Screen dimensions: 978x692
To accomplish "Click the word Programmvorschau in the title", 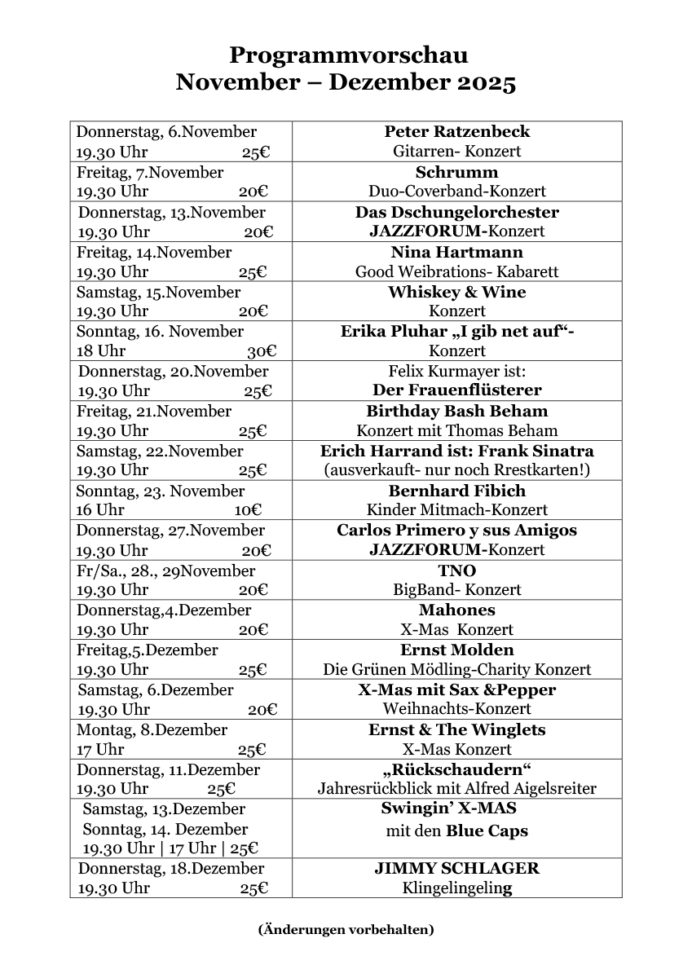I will coord(348,55).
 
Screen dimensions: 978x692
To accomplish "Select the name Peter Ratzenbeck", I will coord(456,132).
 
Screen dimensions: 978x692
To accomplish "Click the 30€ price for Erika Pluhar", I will coord(262,351).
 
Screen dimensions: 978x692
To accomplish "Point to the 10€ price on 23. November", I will coord(248,510).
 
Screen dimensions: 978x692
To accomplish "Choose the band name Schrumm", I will coord(456,172).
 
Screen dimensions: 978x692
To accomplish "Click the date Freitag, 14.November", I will coord(154,252).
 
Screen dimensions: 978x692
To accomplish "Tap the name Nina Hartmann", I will coord(456,252).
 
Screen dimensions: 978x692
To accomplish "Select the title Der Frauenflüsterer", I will coord(456,390).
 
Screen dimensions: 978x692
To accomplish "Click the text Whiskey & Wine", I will coord(456,292).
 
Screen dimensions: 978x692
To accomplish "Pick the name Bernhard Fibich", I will coord(456,491).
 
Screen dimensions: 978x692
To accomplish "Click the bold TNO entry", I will coord(456,570).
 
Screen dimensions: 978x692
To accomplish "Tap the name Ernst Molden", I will coord(456,650).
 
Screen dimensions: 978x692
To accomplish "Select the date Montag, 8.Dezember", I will coord(152,729).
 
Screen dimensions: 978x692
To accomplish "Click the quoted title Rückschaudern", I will coord(456,769).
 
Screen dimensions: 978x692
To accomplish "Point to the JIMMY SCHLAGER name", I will coord(456,869).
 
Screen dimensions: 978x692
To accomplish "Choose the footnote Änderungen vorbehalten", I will coord(346,929).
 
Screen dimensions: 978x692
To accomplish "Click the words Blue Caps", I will coord(487,832).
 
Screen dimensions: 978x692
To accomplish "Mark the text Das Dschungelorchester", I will coord(456,212).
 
